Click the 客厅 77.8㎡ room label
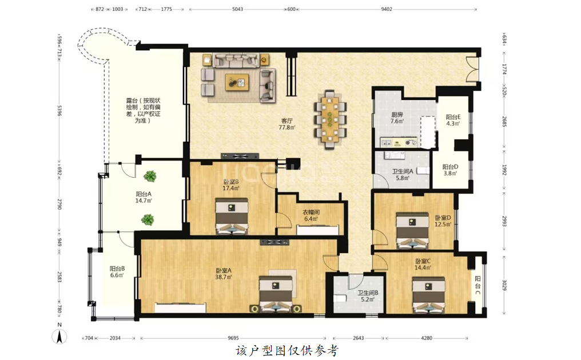[x=287, y=124]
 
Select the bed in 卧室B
[x=232, y=217]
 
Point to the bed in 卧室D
[x=412, y=230]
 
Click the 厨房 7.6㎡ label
[x=397, y=118]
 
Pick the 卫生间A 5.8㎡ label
[x=403, y=175]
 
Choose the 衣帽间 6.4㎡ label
[x=311, y=215]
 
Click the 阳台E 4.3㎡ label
[x=453, y=121]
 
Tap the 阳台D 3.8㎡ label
[x=450, y=170]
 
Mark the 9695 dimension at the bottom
[x=233, y=338]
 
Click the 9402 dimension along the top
[x=387, y=9]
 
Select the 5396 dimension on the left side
[x=59, y=110]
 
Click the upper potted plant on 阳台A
[x=150, y=176]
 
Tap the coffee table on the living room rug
[x=237, y=82]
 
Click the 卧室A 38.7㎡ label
[x=224, y=274]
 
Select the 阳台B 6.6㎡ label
[x=117, y=272]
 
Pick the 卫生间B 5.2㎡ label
[x=368, y=296]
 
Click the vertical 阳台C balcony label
[x=478, y=286]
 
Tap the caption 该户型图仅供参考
[x=287, y=350]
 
